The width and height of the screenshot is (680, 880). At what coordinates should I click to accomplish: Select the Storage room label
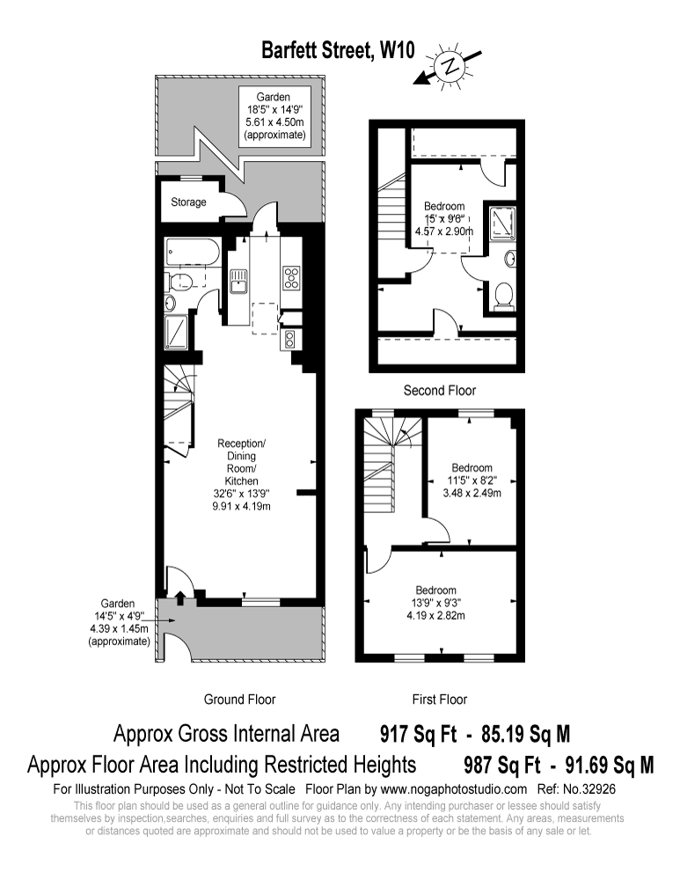188,202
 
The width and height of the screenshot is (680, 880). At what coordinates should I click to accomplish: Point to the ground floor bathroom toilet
180,282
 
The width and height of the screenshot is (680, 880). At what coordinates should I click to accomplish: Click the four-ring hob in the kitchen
291,278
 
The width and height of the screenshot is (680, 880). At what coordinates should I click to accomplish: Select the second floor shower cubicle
503,222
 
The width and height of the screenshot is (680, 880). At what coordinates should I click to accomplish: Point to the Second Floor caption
439,390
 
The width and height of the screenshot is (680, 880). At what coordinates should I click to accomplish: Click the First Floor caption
439,700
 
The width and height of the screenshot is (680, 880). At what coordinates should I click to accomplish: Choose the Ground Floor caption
239,700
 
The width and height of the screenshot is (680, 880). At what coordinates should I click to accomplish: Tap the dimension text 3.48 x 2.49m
472,494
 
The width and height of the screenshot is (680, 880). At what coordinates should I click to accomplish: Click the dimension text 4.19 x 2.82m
435,616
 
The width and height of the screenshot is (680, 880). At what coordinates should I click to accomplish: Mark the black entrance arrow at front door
179,599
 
